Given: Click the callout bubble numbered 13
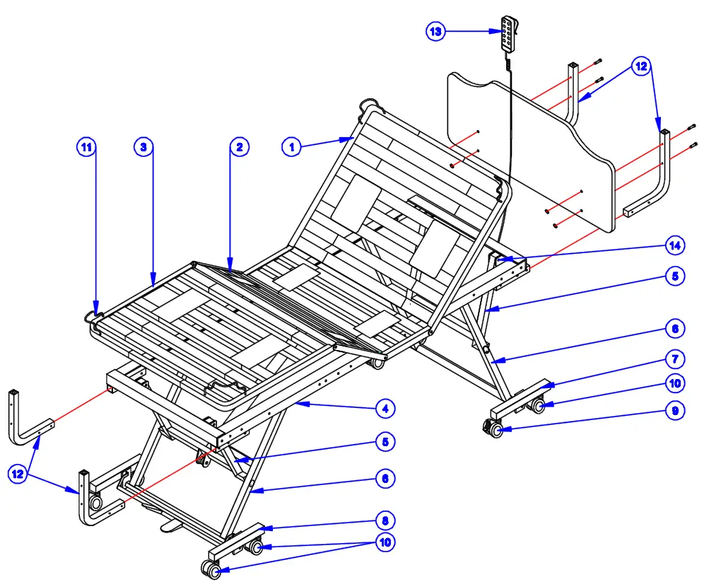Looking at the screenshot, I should click(x=436, y=31).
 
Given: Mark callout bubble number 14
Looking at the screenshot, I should click(x=675, y=245).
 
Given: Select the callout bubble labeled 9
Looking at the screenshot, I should click(x=675, y=411).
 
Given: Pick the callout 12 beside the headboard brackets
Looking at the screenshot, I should click(x=640, y=67).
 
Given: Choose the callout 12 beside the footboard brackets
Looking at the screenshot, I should click(x=18, y=475).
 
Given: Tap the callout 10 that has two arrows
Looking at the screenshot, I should click(x=386, y=542).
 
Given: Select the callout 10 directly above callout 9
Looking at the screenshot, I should click(x=675, y=384).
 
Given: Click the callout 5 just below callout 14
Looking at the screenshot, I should click(x=675, y=276).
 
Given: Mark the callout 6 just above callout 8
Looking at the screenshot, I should click(x=386, y=479).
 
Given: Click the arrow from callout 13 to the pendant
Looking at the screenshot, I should click(x=474, y=31).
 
